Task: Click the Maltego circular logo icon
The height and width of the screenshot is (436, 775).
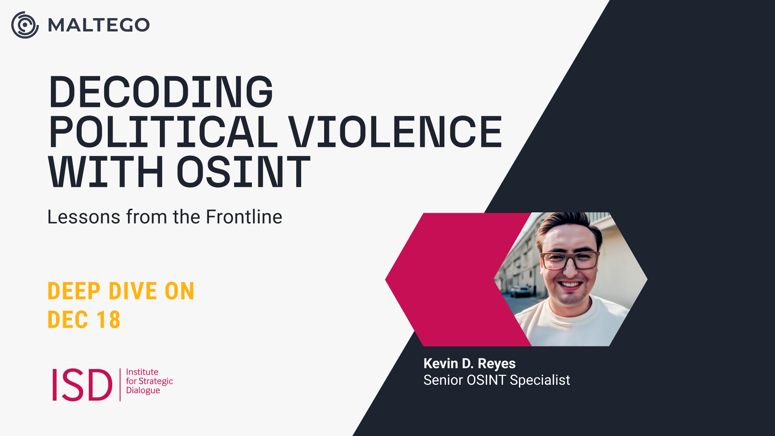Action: point(25,25)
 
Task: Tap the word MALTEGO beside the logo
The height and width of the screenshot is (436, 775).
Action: point(99,25)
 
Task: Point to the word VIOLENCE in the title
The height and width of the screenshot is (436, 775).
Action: point(395,132)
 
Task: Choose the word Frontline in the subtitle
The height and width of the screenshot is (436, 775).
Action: point(244,217)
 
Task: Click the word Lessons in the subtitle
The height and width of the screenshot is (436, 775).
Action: point(84,217)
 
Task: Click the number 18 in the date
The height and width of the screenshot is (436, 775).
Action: point(108,320)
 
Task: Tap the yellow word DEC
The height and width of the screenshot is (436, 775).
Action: point(68,320)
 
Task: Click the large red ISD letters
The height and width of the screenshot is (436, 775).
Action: point(82,384)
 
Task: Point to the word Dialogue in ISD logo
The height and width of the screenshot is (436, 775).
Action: point(143,390)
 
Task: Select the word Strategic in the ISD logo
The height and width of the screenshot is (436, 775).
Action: point(156,381)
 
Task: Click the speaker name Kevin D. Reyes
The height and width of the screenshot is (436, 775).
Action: point(469,364)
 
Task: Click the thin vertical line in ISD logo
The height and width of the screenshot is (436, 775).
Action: point(120,384)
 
